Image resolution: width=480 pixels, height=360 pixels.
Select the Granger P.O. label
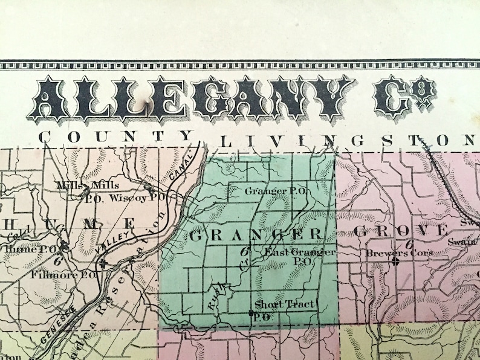click(x=277, y=191)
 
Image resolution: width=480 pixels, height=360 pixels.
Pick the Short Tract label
click(x=284, y=304)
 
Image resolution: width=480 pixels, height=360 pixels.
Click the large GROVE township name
click(x=401, y=231)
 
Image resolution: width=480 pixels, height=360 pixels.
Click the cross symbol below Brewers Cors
click(x=395, y=263)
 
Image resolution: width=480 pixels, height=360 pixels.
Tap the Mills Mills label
click(x=88, y=185)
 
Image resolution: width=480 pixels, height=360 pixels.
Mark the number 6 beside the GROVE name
click(x=409, y=244)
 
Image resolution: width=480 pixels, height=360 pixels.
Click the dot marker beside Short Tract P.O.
click(x=251, y=312)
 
